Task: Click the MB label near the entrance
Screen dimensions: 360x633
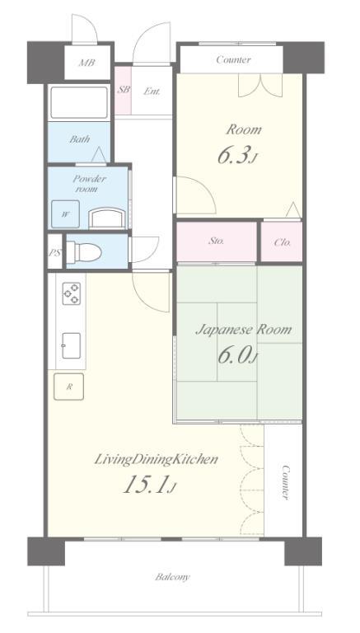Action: (x=87, y=63)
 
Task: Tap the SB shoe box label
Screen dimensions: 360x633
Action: (x=124, y=90)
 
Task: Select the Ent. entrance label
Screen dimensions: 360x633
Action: (x=152, y=91)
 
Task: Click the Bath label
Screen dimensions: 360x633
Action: (x=80, y=139)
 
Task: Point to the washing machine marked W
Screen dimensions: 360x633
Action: (x=65, y=214)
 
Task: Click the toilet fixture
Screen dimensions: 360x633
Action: (x=83, y=252)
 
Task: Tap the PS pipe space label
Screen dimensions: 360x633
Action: (x=55, y=253)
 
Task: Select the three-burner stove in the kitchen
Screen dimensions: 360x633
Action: (x=72, y=293)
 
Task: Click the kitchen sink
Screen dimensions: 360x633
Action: (x=71, y=345)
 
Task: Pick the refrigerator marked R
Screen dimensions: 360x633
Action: (x=69, y=387)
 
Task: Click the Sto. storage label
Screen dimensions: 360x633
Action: (x=217, y=241)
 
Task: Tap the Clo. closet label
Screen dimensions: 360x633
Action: (x=283, y=242)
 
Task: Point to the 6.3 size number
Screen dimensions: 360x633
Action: (x=237, y=156)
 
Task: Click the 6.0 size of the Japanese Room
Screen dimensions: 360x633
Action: (x=237, y=355)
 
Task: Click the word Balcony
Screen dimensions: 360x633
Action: (x=172, y=577)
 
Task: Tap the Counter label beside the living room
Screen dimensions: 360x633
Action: (x=285, y=482)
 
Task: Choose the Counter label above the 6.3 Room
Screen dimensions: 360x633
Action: (x=233, y=59)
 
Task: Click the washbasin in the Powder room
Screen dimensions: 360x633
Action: (x=106, y=218)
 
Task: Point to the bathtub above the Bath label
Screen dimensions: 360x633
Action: (x=79, y=102)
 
